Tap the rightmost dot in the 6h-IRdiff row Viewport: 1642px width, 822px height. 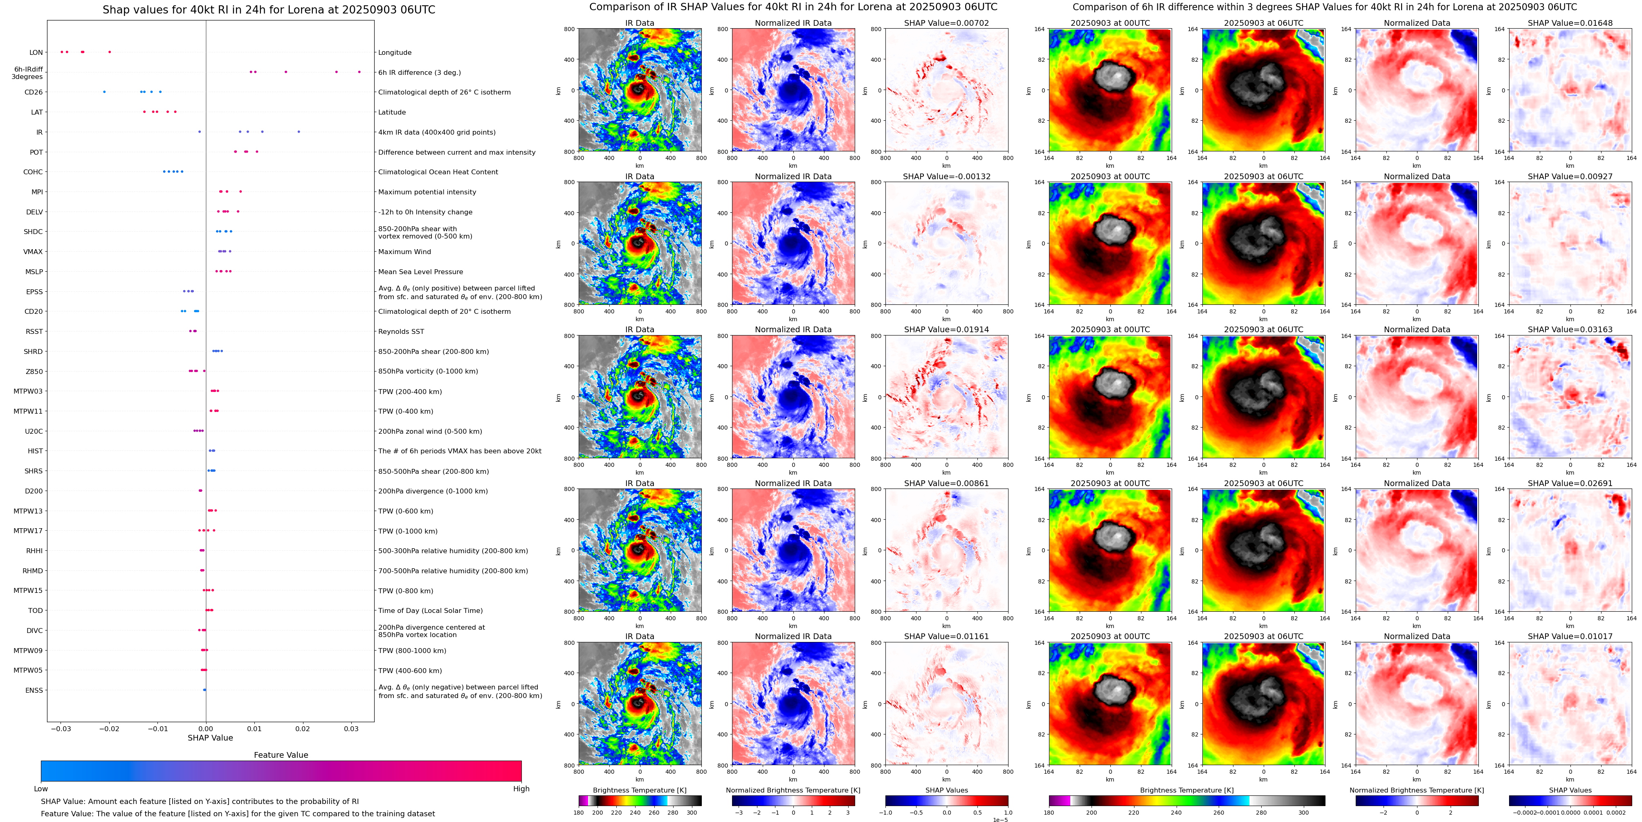click(x=359, y=72)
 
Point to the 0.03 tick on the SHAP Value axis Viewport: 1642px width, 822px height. click(x=351, y=728)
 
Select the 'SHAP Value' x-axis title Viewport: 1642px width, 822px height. click(x=210, y=738)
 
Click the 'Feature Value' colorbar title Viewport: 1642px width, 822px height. click(x=281, y=755)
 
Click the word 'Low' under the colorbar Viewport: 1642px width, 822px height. click(x=41, y=789)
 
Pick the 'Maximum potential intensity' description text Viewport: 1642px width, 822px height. click(x=427, y=192)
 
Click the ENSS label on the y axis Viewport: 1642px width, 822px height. click(x=34, y=691)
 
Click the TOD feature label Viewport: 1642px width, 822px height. click(x=35, y=611)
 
